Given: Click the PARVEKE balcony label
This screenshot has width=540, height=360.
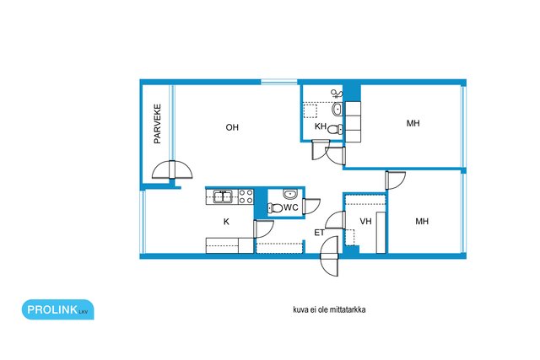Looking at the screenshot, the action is click(158, 124).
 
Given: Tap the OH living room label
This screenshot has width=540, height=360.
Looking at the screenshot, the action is click(232, 127).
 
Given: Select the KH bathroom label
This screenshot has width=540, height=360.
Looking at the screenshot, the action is click(321, 126).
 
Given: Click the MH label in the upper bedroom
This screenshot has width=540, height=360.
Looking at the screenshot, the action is click(413, 123).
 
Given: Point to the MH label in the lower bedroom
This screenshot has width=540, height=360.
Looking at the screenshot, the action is click(422, 221).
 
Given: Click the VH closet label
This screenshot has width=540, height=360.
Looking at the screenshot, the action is click(365, 221).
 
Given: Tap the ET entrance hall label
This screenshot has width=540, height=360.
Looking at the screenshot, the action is click(319, 233).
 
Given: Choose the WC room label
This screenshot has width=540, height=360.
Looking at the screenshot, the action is click(290, 207).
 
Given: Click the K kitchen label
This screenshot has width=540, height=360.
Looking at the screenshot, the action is click(226, 222).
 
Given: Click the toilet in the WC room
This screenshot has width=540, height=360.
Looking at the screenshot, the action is click(275, 208).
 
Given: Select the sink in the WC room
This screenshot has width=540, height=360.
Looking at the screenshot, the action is click(290, 194).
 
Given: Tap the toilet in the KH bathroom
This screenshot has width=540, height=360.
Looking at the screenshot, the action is click(335, 129).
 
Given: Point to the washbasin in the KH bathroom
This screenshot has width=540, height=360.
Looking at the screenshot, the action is click(337, 109).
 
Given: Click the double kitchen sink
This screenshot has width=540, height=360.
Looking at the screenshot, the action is click(223, 197).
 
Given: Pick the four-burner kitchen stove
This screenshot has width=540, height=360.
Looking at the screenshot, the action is click(246, 197).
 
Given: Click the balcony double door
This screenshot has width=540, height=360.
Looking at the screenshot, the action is click(172, 169).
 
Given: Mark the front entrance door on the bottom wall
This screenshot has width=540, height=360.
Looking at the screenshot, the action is click(329, 256).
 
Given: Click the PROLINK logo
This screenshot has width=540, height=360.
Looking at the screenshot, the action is click(58, 309).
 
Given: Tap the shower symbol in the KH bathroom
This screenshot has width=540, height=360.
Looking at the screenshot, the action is click(337, 94).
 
